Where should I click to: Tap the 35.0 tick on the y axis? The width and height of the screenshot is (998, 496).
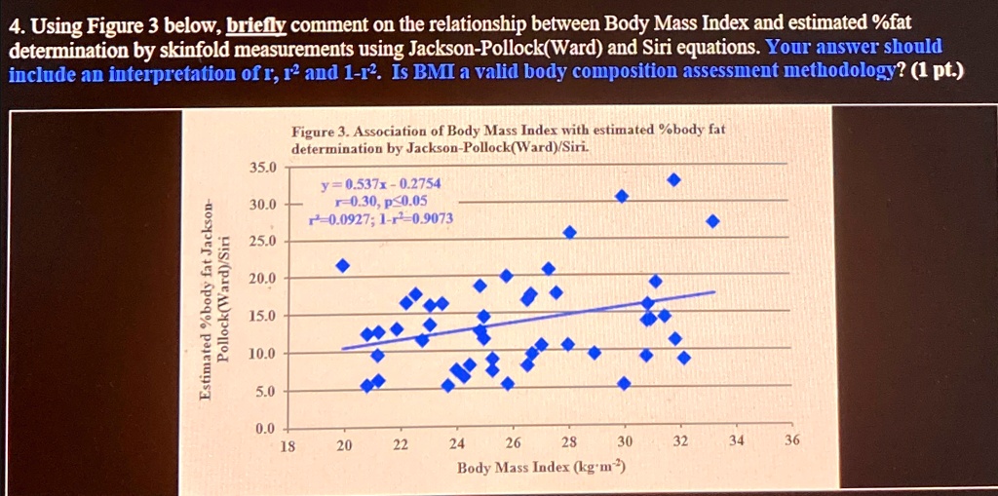263,167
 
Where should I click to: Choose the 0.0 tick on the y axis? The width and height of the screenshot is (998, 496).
265,429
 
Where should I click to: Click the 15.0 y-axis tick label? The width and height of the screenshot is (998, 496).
263,316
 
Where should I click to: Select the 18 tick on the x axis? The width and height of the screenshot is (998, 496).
288,442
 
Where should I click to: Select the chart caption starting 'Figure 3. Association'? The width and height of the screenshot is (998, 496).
507,138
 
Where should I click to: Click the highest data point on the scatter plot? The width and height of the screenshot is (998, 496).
673,180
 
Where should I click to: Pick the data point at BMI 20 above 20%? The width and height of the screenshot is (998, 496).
342,265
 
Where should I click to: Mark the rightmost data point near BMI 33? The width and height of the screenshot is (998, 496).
712,221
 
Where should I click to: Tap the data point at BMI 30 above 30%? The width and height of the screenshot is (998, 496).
622,197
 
